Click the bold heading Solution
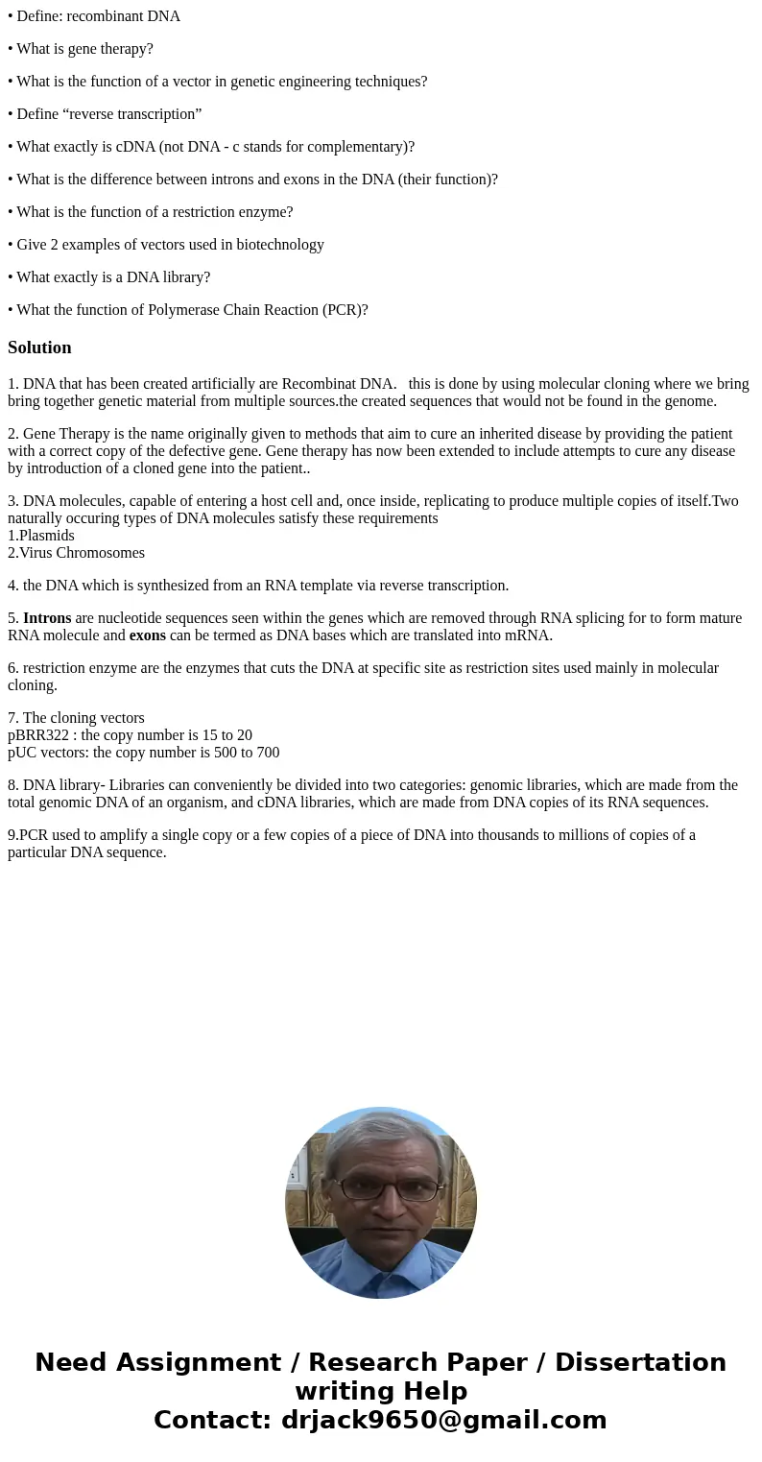pos(39,348)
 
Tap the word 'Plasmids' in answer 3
pos(47,536)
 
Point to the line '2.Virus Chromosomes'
pos(77,553)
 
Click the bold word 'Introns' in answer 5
pos(47,618)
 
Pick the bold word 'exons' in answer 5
pos(147,635)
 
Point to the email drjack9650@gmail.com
pos(443,1421)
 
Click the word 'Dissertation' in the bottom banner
pos(640,1363)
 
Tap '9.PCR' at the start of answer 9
pos(25,835)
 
